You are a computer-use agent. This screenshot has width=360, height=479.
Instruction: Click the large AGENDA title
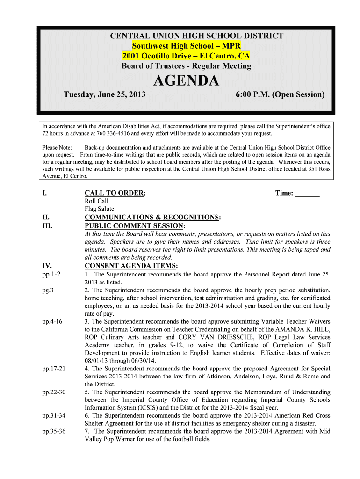[x=186, y=81]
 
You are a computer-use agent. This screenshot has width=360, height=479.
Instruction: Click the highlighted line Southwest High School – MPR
[x=186, y=46]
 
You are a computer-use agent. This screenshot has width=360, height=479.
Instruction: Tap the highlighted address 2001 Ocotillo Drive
[x=186, y=56]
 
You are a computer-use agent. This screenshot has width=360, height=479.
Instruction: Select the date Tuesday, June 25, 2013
[x=104, y=94]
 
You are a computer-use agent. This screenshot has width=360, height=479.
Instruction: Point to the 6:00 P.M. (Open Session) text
[x=280, y=94]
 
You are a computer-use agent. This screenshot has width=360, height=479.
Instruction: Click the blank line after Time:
[x=308, y=193]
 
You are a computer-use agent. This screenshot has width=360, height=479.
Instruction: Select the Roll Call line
[x=96, y=201]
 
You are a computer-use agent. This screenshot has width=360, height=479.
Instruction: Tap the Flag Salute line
[x=99, y=209]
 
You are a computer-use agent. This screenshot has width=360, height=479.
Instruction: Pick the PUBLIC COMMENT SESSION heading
[x=135, y=226]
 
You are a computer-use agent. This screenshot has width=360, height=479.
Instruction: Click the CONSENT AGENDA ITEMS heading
[x=130, y=266]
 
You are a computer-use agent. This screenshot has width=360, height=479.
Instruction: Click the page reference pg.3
[x=48, y=290]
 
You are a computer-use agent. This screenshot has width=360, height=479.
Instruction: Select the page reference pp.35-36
[x=54, y=431]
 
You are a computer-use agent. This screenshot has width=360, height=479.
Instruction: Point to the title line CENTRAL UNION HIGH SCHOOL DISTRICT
[x=196, y=36]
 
